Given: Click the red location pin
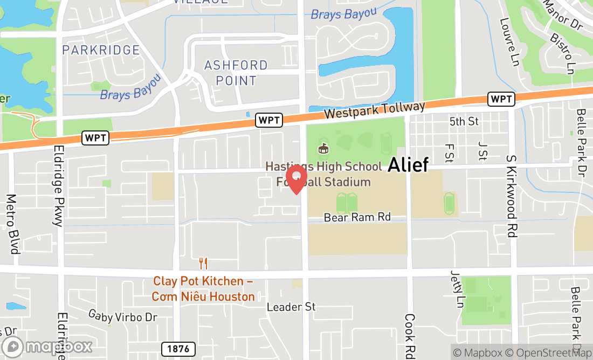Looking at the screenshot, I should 296,179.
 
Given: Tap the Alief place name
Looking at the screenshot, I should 408,164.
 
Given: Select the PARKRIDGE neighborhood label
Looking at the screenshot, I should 101,50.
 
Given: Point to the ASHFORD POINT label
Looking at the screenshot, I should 236,73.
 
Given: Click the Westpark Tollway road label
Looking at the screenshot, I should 375,110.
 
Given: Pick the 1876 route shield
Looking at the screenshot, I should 178,349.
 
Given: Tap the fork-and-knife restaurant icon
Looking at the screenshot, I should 203,264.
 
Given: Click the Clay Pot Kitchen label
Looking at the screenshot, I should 203,289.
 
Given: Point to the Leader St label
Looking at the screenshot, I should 291,307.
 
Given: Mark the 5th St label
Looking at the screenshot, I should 464,121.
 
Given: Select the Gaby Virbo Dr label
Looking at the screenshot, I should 123,316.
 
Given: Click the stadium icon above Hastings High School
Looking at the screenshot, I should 324,148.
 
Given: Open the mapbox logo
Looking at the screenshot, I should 47,346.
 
